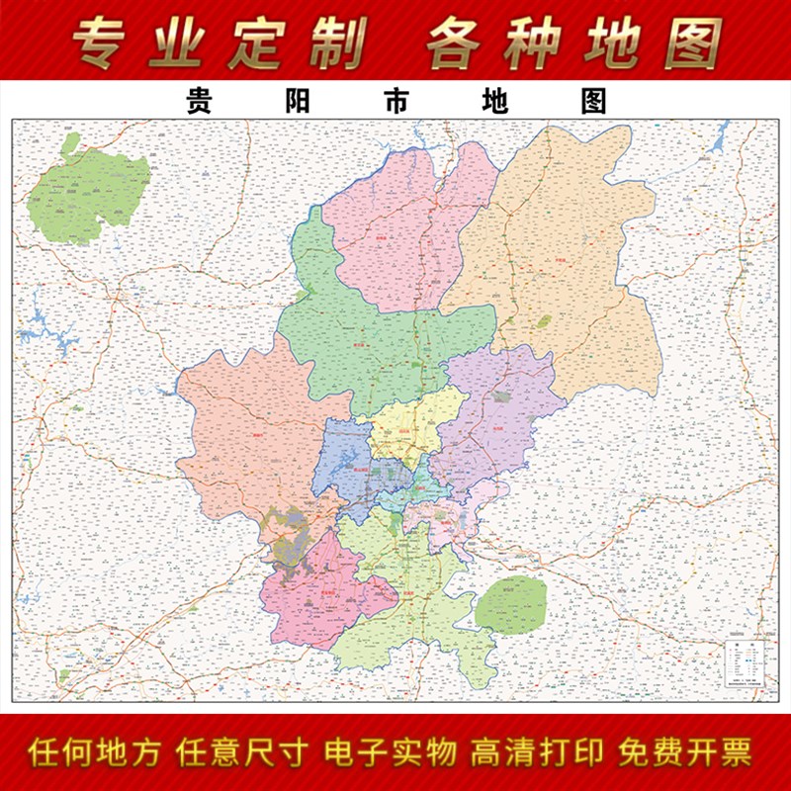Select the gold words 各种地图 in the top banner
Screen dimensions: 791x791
pos(572,43)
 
